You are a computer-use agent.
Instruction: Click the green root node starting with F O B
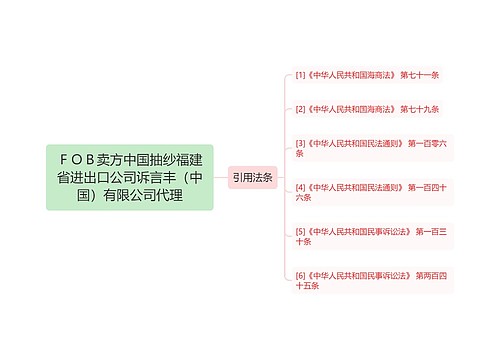tap(130, 177)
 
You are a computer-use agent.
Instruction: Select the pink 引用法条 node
tap(252, 177)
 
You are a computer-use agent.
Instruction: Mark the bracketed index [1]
tap(301, 75)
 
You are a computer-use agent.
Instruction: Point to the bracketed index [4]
tap(301, 186)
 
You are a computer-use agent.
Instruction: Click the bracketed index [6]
tap(301, 274)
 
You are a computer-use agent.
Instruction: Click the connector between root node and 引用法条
tap(221, 177)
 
